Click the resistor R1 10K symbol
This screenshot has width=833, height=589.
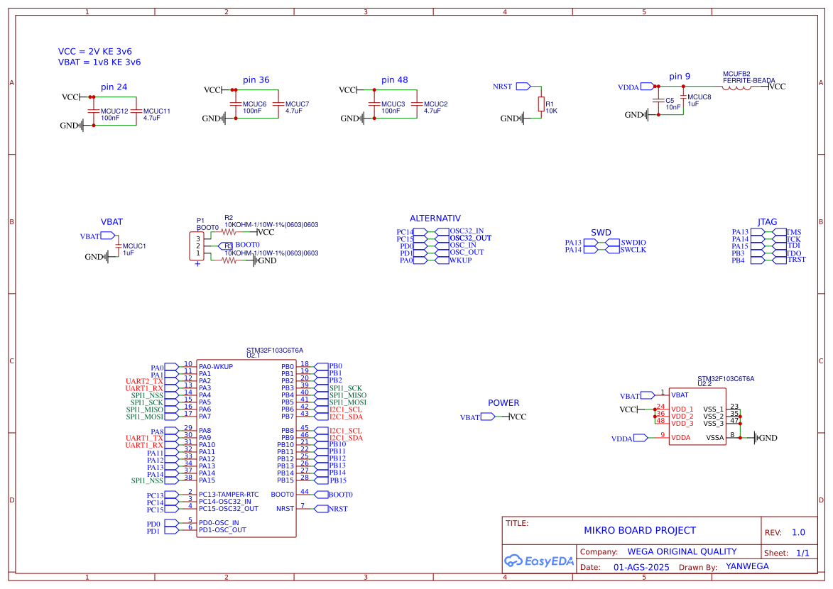click(x=540, y=104)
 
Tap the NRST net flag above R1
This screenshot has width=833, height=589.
click(x=523, y=86)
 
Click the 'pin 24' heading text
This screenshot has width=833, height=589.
click(x=114, y=87)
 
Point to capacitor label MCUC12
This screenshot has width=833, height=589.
click(x=114, y=111)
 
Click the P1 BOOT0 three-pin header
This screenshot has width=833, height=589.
click(x=197, y=246)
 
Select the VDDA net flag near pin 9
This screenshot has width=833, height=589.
click(x=646, y=87)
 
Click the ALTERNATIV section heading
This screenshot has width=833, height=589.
click(x=435, y=219)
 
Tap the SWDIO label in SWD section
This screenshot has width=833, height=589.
click(x=633, y=243)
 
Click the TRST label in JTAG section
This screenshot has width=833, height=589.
click(x=797, y=260)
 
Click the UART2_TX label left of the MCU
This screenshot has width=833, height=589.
click(x=144, y=381)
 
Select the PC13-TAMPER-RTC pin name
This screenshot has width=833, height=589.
click(x=229, y=495)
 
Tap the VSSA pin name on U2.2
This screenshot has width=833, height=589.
click(x=714, y=438)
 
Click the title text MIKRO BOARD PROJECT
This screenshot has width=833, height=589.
click(x=639, y=530)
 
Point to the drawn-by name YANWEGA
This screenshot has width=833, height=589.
click(x=747, y=566)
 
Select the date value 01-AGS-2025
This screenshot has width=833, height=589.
click(x=641, y=568)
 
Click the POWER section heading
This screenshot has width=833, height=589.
click(x=503, y=403)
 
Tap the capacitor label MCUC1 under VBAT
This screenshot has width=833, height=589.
click(x=134, y=246)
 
